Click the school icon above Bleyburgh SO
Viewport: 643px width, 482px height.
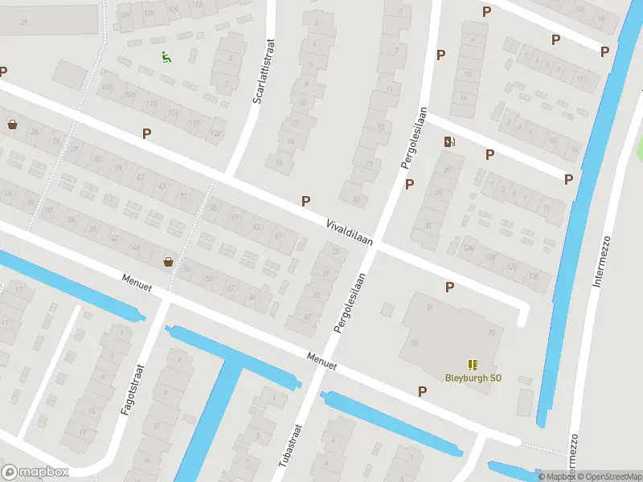coord(472,364)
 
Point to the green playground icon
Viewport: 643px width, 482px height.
coord(166,57)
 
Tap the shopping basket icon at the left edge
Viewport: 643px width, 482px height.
coord(12,125)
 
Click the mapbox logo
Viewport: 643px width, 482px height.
coord(35,472)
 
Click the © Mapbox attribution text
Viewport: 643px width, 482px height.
coord(555,476)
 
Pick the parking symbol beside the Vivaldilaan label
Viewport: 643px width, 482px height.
coord(305,201)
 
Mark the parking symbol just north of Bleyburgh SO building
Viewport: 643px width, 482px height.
coord(449,286)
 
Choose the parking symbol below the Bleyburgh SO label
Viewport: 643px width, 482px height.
coord(422,391)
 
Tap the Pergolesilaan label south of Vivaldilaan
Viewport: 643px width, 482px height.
coord(350,303)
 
